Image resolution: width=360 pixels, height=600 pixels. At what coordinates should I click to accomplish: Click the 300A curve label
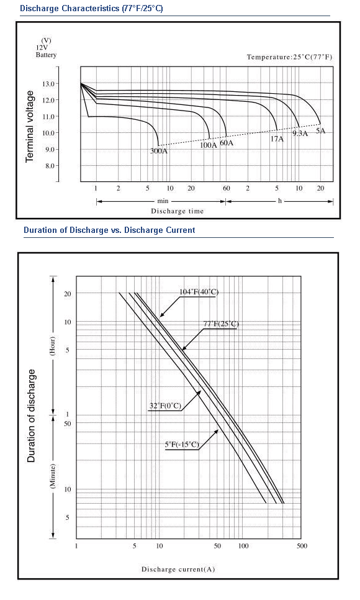[159, 151]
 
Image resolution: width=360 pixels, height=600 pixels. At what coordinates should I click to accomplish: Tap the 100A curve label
[209, 145]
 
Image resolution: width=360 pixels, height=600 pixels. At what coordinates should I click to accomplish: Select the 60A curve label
[227, 143]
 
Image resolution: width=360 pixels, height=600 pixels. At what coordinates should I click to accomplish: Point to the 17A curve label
[277, 139]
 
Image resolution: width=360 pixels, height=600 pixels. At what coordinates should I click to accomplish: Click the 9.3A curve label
[300, 134]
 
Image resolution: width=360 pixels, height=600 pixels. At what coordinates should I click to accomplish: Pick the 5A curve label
[321, 131]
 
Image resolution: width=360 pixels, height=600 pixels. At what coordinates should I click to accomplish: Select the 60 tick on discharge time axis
[227, 188]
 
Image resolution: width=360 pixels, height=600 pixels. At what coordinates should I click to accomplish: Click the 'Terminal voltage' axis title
[30, 126]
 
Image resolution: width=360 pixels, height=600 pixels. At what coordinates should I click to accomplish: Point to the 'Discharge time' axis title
[178, 211]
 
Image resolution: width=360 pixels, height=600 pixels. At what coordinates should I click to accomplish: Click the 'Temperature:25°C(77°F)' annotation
[290, 57]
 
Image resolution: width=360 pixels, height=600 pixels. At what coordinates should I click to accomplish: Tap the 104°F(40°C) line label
[199, 292]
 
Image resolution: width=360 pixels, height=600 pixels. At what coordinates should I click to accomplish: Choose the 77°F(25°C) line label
[221, 324]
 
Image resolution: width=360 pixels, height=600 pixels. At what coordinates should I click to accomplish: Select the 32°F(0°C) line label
[165, 406]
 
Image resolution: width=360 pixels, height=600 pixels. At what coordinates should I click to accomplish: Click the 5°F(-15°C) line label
[182, 444]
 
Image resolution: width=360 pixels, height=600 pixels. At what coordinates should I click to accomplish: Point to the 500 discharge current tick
[302, 546]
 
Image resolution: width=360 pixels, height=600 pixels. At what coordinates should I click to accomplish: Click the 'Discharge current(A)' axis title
[178, 570]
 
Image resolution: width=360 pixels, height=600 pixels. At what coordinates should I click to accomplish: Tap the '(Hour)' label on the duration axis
[53, 346]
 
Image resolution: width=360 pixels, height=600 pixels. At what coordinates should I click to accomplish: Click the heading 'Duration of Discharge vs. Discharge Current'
[109, 230]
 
